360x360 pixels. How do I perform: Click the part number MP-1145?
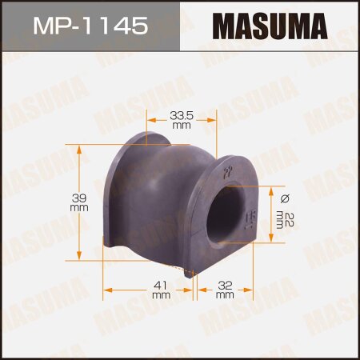click(x=90, y=27)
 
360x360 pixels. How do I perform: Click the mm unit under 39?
click(x=78, y=207)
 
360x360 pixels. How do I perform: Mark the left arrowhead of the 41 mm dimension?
click(x=106, y=290)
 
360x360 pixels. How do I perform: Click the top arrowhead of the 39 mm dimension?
click(x=78, y=148)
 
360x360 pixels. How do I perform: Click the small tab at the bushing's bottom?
click(x=190, y=273)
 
